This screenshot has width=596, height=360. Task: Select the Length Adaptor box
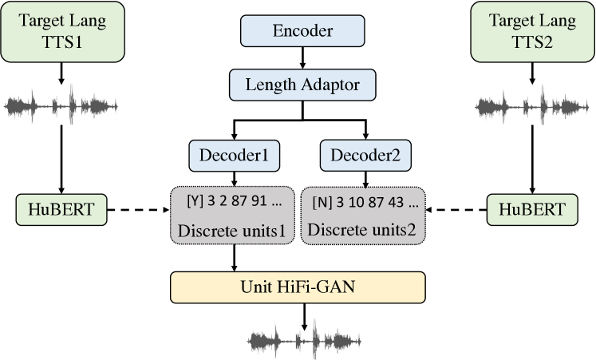[302, 83]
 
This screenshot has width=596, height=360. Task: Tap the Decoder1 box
[234, 156]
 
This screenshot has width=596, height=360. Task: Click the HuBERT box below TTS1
[61, 210]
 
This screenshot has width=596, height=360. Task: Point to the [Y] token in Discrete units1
[194, 202]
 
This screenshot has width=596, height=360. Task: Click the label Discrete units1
[232, 231]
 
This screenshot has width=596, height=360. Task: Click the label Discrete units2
[363, 231]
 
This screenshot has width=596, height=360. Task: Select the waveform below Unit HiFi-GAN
[302, 341]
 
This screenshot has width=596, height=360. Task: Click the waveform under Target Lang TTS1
[61, 105]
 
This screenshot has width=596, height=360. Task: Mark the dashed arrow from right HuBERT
[456, 211]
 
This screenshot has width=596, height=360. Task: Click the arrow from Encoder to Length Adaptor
[302, 57]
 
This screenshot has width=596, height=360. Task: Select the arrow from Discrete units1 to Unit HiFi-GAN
[233, 257]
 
